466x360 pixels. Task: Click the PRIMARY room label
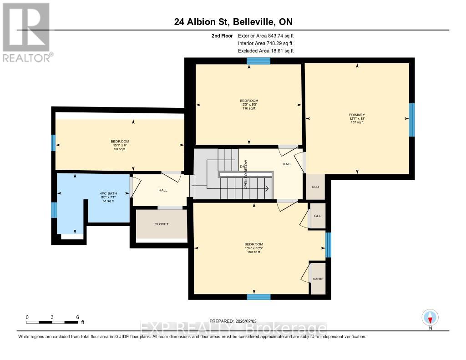point(357,115)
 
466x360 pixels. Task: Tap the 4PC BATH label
point(108,193)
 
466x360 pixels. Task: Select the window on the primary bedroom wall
point(412,120)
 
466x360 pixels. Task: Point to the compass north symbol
point(430,317)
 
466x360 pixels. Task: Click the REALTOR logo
point(26,32)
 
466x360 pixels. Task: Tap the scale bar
point(52,322)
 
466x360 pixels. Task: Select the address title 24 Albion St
point(233,22)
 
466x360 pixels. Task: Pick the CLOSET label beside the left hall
point(161,224)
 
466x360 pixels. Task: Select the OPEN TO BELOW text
point(246,174)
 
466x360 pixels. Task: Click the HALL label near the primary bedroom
point(287,164)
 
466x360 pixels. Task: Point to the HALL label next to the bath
point(163,190)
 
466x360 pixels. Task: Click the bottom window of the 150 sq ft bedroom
point(258,297)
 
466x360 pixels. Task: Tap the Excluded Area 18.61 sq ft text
point(266,51)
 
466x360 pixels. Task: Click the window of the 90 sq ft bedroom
point(53,143)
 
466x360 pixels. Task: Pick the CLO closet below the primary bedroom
point(315,186)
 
